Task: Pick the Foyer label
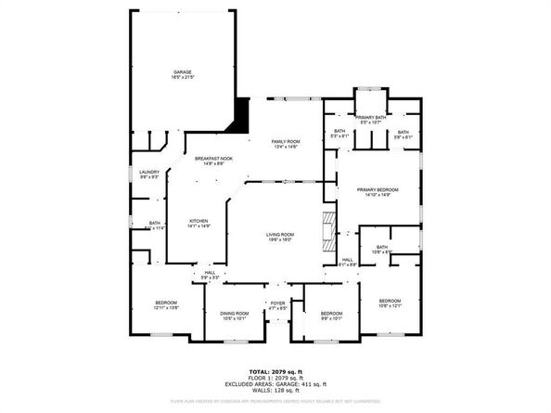tap(277, 304)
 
